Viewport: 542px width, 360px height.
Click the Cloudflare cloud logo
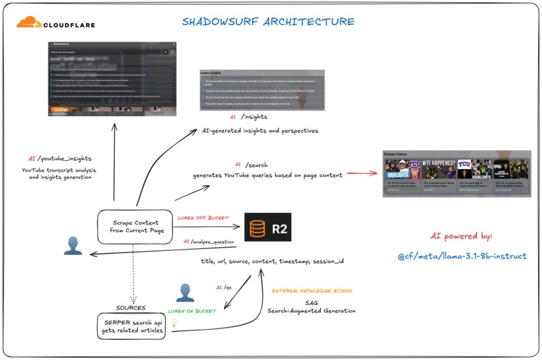coord(28,23)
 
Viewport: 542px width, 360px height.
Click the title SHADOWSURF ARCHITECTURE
coord(268,22)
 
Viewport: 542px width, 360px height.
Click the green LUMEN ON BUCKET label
coord(192,311)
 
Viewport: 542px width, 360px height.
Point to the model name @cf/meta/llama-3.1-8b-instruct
coord(462,256)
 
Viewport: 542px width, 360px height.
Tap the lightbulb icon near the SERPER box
coord(174,323)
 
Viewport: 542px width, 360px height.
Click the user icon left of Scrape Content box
coord(73,246)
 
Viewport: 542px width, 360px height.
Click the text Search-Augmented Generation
coord(311,311)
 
